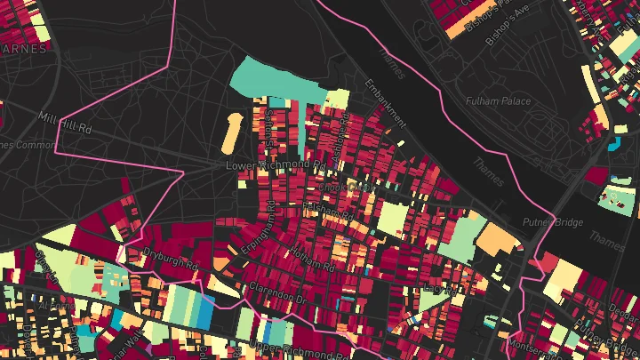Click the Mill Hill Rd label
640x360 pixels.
click(66, 123)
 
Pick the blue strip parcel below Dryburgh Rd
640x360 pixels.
click(204, 311)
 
